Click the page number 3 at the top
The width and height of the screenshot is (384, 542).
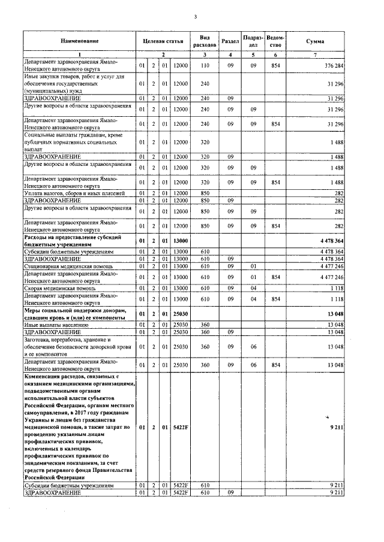click(195, 16)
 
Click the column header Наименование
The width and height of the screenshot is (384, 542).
click(79, 41)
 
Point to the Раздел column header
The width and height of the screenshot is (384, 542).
click(230, 41)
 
